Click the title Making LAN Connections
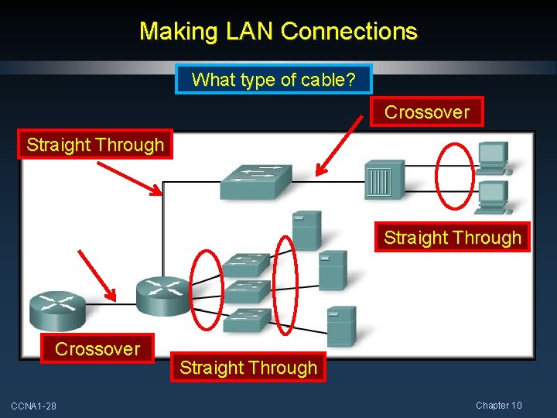coord(278,32)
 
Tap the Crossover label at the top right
coord(427,112)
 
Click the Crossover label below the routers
coord(97,349)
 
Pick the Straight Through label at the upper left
coord(95,145)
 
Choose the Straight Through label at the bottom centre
coord(248,368)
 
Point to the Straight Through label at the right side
coord(453,238)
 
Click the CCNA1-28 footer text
coord(33,406)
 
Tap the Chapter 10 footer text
coord(499,406)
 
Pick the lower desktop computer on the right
coord(491,197)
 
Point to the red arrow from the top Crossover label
coord(340,142)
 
